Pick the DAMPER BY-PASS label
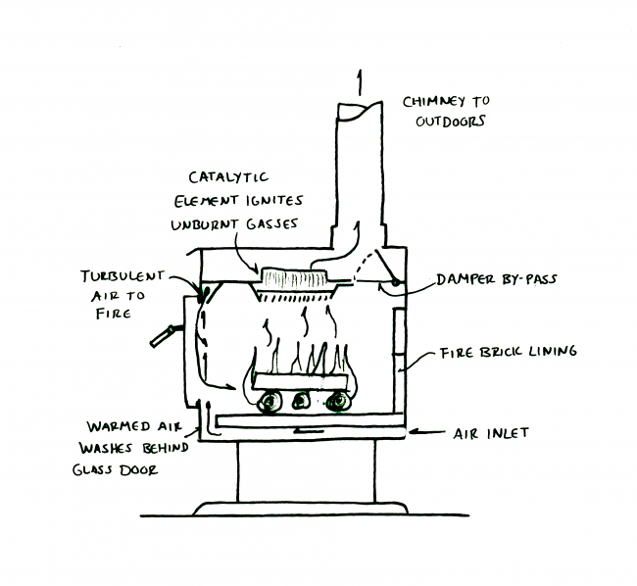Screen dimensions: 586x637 tap(496, 279)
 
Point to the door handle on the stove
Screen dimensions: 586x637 tap(162, 336)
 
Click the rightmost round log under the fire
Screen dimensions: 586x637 tap(340, 401)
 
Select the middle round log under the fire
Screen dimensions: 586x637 tap(303, 401)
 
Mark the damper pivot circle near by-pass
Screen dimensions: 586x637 tap(394, 284)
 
